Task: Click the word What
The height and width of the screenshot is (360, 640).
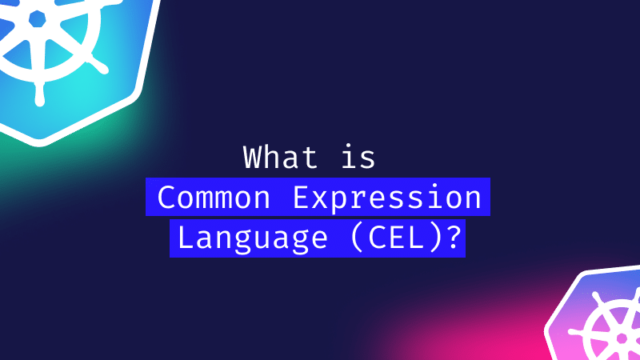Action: (281, 157)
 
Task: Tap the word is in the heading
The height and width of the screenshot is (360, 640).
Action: (358, 157)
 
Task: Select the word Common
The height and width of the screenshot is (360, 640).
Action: (214, 197)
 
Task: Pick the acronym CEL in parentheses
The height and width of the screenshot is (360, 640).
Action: (396, 238)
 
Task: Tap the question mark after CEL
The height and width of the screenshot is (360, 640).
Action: (454, 238)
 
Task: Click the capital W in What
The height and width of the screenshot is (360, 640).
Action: (255, 157)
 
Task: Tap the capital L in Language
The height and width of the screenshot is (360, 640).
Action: (186, 238)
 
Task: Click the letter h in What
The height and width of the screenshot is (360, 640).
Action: (281, 157)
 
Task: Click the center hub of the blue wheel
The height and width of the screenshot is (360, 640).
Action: (37, 19)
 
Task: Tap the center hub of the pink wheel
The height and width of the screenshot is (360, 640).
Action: (622, 338)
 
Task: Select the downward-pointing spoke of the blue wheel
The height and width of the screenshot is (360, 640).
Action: (39, 93)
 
